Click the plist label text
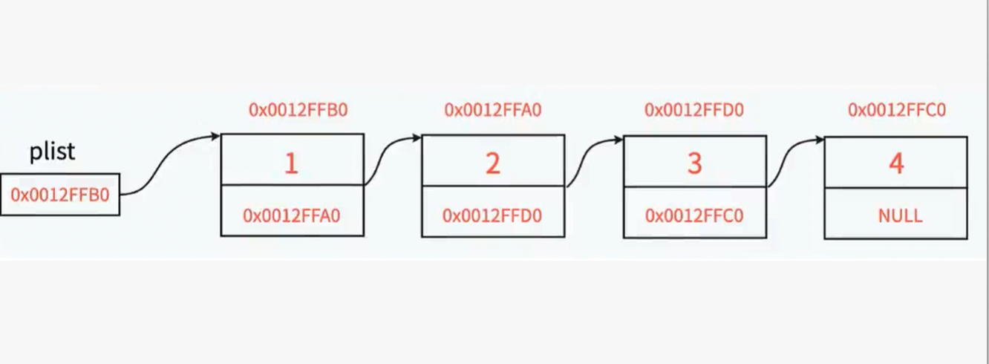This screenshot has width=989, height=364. tap(52, 152)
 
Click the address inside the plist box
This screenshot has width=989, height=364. tap(59, 195)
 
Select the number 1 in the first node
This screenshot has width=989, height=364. tap(291, 163)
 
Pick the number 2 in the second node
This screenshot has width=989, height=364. tap(493, 163)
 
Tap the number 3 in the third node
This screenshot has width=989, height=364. tap(694, 163)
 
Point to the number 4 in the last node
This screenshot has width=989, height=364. tap(896, 163)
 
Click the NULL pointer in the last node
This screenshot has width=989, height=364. tap(900, 216)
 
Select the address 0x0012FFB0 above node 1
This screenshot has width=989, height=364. tap(298, 111)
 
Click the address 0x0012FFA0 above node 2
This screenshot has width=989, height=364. tap(493, 111)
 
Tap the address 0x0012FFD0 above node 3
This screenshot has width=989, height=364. tap(694, 111)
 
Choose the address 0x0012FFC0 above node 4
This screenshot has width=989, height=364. tap(897, 111)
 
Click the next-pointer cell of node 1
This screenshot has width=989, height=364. tap(292, 216)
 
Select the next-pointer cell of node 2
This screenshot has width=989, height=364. tap(492, 216)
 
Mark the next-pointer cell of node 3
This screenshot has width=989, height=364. tap(694, 216)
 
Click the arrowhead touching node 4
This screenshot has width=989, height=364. tap(819, 140)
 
